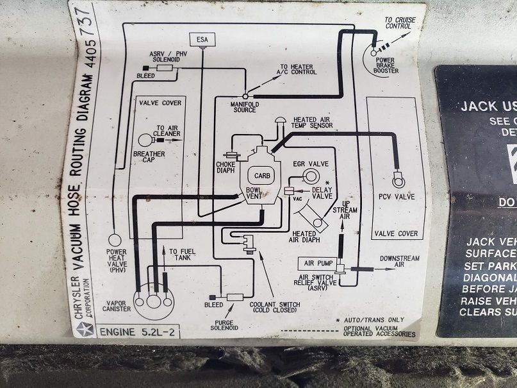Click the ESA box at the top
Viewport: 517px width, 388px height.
(203, 39)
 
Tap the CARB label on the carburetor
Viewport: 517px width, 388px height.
(259, 175)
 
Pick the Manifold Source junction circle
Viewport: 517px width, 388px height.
(245, 96)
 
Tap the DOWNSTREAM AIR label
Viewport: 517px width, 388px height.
(399, 261)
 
